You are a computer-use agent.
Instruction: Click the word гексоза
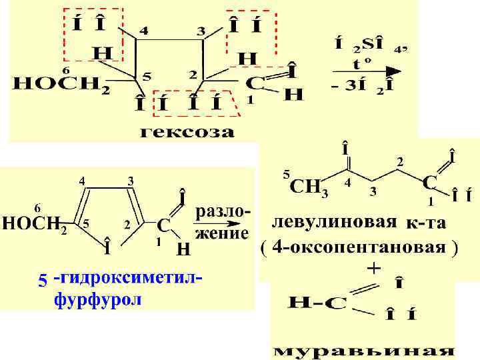(x=187, y=132)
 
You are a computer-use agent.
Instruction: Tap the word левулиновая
(x=335, y=222)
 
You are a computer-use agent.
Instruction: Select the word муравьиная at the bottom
(x=363, y=350)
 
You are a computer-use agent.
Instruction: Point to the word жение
(x=221, y=233)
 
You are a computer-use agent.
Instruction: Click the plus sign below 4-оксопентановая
(x=374, y=268)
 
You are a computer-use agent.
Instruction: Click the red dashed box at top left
(x=93, y=34)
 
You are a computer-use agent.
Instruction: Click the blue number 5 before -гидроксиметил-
(x=43, y=281)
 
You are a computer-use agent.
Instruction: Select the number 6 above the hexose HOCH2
(x=65, y=69)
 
